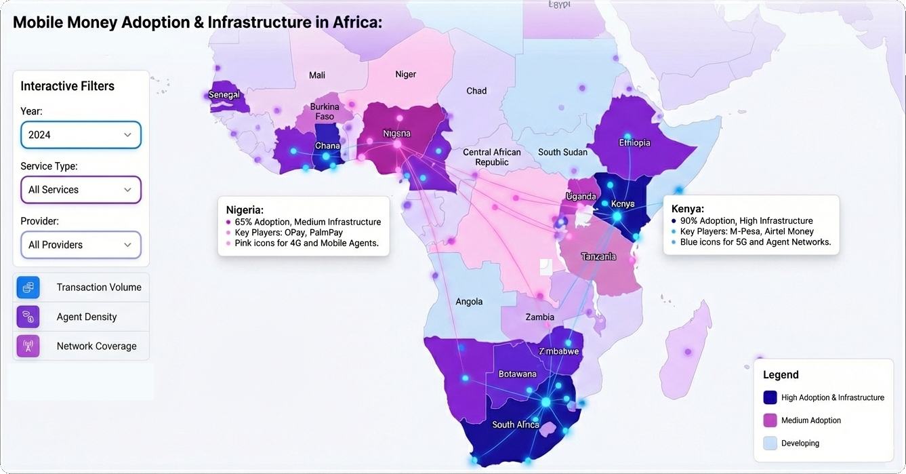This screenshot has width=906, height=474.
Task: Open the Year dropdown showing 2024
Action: [x=81, y=135]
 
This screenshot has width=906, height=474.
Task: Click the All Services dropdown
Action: [x=81, y=190]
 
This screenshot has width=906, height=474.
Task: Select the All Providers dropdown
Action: [x=81, y=245]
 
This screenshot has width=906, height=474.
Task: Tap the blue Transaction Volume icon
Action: [x=28, y=288]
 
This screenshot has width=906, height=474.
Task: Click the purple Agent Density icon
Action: [x=28, y=317]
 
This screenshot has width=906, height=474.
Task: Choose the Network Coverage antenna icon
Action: [x=28, y=346]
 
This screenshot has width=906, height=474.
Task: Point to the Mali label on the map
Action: [x=317, y=75]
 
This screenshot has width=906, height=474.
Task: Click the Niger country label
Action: [x=406, y=74]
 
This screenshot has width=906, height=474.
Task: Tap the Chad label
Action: [x=476, y=91]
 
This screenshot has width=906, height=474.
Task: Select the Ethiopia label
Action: [x=634, y=142]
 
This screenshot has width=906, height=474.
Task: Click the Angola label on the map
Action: [x=469, y=302]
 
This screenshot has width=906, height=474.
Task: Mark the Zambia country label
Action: [x=540, y=317]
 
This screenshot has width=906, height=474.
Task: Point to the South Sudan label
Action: [x=563, y=152]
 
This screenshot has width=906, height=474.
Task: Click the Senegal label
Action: [x=224, y=95]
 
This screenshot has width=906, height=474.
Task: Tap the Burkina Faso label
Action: [x=325, y=112]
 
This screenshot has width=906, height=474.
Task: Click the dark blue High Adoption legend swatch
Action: [x=770, y=397]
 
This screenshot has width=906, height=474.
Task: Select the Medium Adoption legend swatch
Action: [x=770, y=420]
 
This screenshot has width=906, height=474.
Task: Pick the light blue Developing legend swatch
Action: [x=770, y=443]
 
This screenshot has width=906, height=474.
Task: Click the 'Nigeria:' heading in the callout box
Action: [x=245, y=210]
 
